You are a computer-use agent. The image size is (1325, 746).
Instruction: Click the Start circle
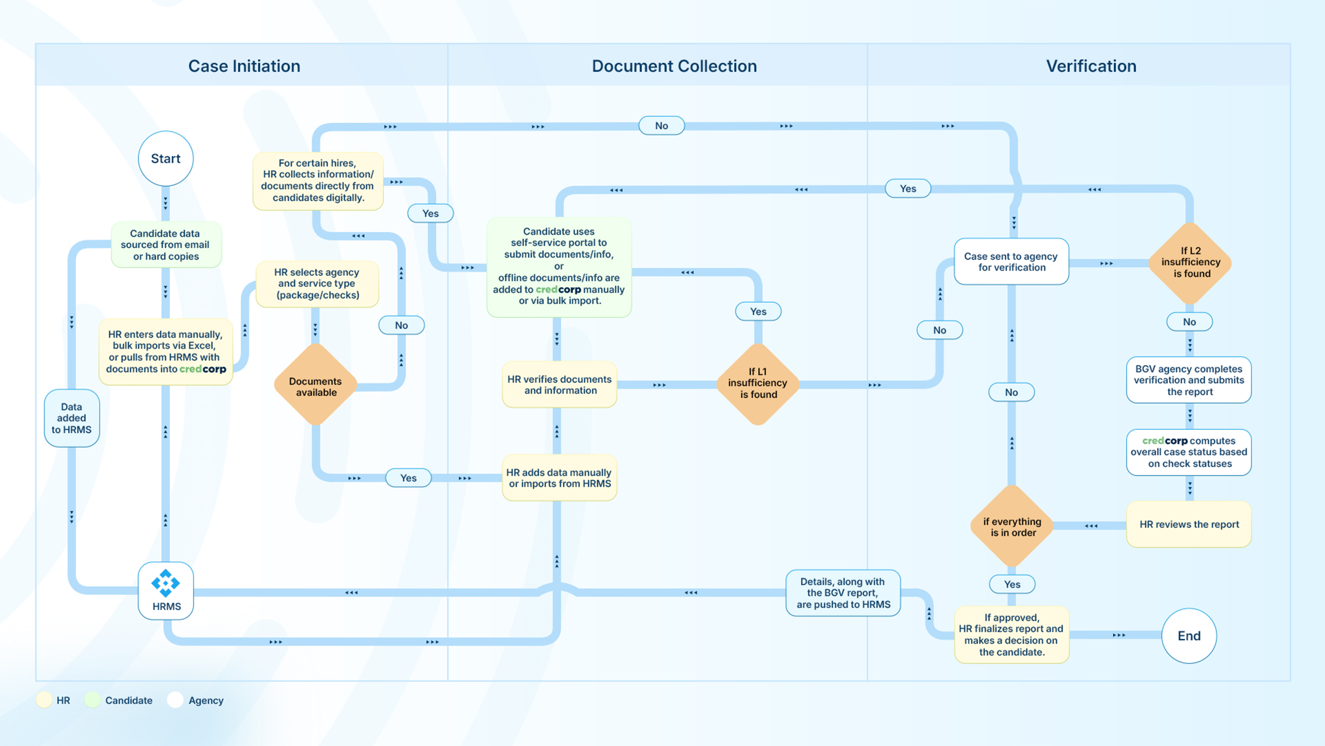point(166,159)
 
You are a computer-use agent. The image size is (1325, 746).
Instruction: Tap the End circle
point(1189,636)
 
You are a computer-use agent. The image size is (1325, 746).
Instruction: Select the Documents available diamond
point(316,386)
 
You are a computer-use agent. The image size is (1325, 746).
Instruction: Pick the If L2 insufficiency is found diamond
point(1190,262)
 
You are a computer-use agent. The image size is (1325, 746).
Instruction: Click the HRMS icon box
point(166,591)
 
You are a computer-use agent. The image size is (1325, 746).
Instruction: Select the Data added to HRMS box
point(71,418)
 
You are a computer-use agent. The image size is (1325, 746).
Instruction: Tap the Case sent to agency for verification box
point(1011,261)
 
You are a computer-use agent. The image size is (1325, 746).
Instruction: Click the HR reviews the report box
point(1189,524)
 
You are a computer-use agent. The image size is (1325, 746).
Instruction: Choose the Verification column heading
point(1091,66)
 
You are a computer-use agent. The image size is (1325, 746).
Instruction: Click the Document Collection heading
point(674,66)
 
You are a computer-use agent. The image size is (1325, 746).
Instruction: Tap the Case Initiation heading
point(244,66)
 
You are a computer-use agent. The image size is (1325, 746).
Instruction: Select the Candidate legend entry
point(128,700)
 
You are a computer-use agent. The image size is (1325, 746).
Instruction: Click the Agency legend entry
point(205,700)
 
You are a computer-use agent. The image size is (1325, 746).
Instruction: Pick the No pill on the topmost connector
point(661,126)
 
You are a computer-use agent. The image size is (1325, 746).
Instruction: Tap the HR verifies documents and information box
point(559,385)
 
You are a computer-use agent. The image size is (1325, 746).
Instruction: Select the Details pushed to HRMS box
point(843,593)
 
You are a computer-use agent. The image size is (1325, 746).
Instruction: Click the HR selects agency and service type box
point(317,284)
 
